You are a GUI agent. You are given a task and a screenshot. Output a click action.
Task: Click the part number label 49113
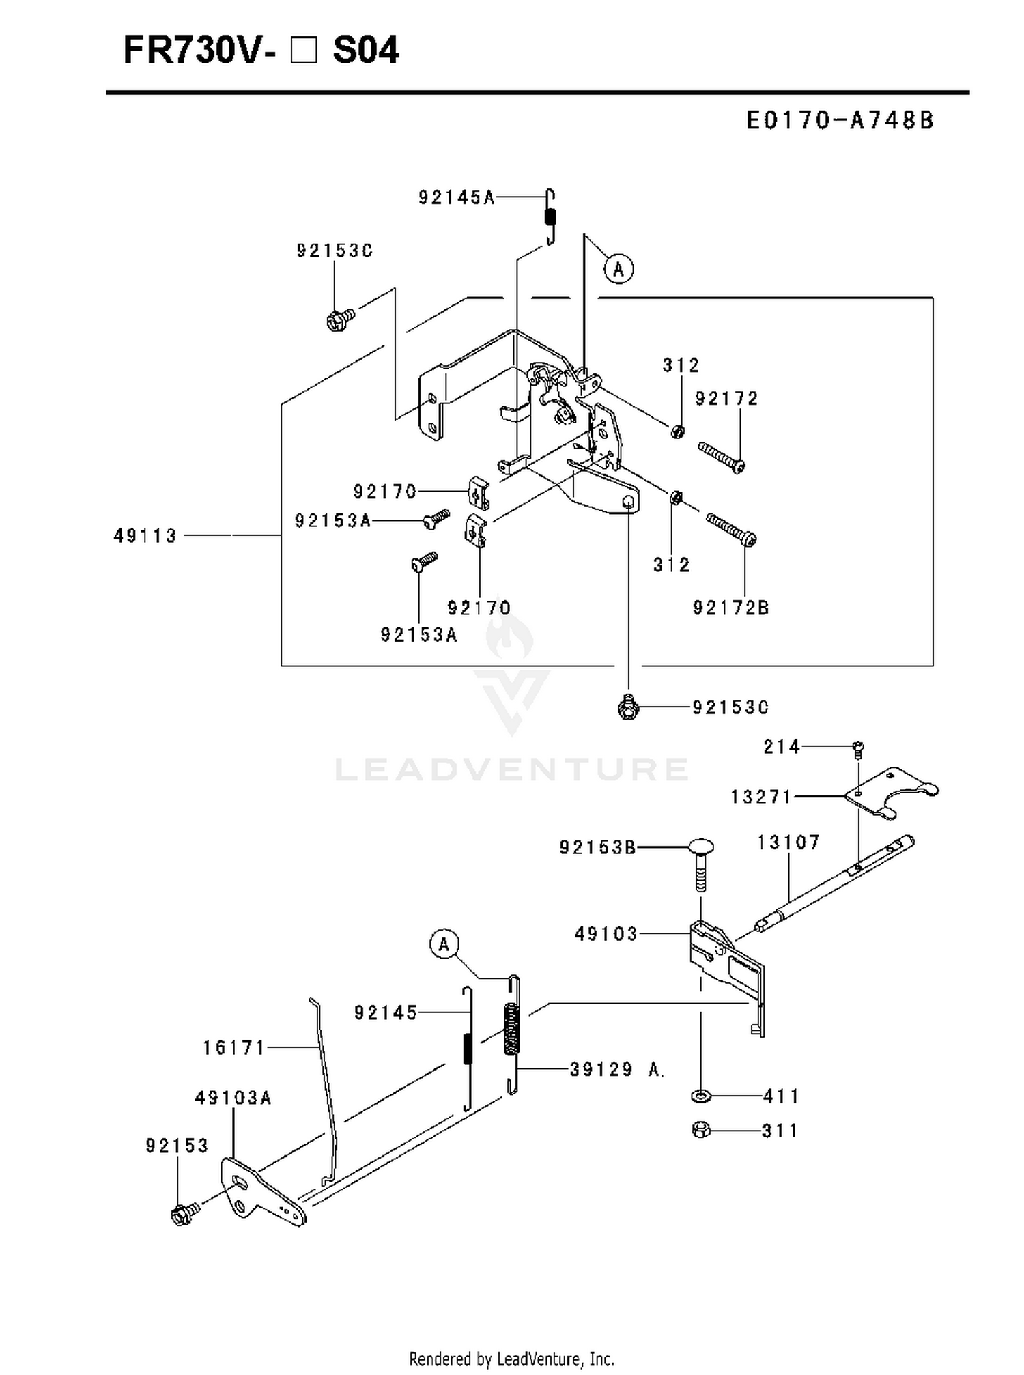145,536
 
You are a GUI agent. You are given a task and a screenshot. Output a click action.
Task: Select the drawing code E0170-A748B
840,121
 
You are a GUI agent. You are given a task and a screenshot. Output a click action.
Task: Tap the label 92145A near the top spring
457,198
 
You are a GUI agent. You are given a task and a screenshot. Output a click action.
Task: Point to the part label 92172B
731,608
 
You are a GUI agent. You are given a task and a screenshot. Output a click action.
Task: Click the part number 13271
761,797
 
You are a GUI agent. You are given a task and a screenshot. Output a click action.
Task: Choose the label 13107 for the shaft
788,842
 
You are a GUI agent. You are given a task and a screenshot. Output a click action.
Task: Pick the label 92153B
598,847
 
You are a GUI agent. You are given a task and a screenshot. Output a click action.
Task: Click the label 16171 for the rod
234,1047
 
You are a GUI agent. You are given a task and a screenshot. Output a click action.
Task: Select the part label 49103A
233,1098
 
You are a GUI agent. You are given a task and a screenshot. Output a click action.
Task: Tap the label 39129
601,1069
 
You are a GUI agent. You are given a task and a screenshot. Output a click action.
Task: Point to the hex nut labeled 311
700,1130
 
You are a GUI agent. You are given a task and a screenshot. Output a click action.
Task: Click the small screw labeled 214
859,750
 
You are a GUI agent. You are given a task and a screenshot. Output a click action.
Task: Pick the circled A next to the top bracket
618,268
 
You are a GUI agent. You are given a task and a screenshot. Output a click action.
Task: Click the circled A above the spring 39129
444,944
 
